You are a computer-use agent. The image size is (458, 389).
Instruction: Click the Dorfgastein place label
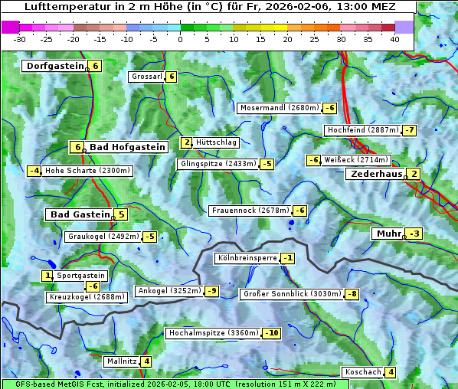click(x=54, y=66)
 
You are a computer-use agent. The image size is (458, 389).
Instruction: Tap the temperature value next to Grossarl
click(x=172, y=77)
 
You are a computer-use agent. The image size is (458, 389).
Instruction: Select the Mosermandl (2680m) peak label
click(x=279, y=108)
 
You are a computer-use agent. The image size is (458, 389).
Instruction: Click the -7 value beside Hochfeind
click(x=410, y=130)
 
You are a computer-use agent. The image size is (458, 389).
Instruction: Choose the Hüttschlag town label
click(x=217, y=142)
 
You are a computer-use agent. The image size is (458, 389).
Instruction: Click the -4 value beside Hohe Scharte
click(x=34, y=171)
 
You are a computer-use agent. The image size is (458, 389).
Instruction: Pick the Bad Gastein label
click(x=80, y=214)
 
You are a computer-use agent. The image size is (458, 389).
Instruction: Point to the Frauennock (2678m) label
click(x=250, y=211)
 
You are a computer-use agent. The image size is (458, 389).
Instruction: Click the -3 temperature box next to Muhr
click(x=414, y=234)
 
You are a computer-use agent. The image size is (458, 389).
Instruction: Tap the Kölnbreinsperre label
click(x=247, y=258)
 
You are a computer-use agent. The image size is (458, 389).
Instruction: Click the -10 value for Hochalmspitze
click(x=271, y=333)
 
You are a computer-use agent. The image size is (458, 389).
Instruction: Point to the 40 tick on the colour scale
click(x=394, y=38)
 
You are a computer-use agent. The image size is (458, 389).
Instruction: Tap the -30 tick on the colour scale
click(x=20, y=38)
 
